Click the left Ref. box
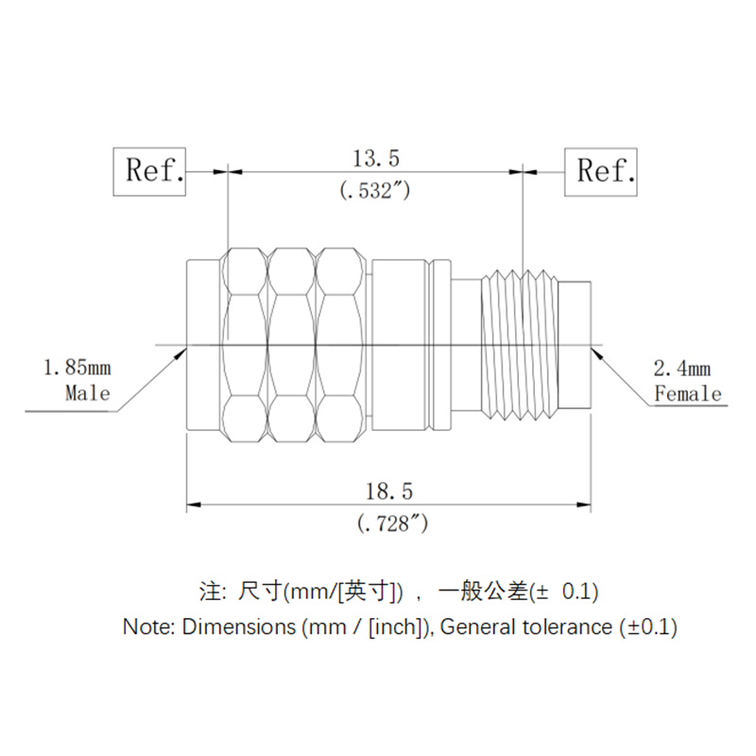pyautogui.click(x=151, y=171)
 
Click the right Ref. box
pyautogui.click(x=601, y=171)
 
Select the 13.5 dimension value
pyautogui.click(x=375, y=157)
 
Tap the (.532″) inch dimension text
pyautogui.click(x=375, y=189)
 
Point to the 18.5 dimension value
pyautogui.click(x=389, y=491)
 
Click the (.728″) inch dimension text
pyautogui.click(x=389, y=523)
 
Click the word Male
pyautogui.click(x=87, y=392)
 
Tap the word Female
pyautogui.click(x=688, y=393)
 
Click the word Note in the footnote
pyautogui.click(x=147, y=626)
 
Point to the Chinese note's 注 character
pyautogui.click(x=210, y=593)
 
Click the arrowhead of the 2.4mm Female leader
pyautogui.click(x=597, y=352)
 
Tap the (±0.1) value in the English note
pyautogui.click(x=648, y=626)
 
